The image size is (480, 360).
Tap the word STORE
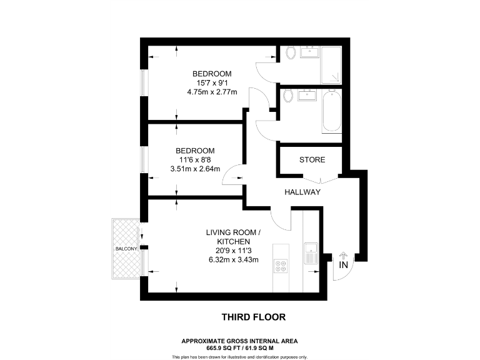[x=312, y=160]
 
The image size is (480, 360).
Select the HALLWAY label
[x=302, y=192]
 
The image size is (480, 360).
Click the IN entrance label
[x=342, y=266]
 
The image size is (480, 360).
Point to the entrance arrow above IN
[x=342, y=256]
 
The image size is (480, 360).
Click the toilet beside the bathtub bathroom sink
[x=288, y=96]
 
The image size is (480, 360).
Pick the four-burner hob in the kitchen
[x=281, y=267]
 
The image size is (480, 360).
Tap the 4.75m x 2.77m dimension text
[x=212, y=92]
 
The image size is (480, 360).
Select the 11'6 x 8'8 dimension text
[x=195, y=159]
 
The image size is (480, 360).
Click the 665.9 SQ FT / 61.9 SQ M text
[x=239, y=347]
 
